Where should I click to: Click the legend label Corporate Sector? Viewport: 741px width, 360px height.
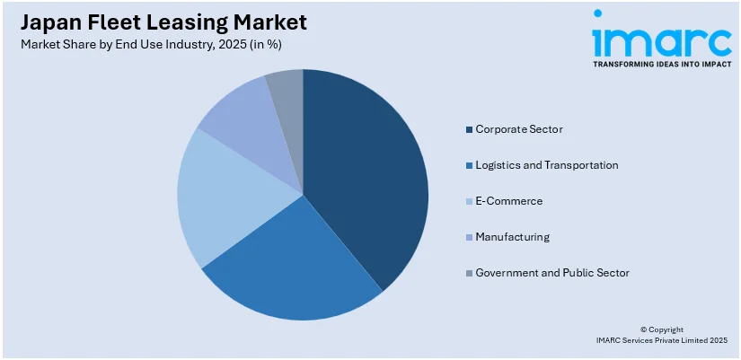tap(519, 129)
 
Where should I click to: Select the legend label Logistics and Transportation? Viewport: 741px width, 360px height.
tap(546, 165)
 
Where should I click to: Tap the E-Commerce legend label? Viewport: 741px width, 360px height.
tap(508, 201)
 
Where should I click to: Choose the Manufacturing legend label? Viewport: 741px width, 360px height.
tap(512, 237)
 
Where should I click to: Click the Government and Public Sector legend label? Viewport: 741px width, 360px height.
tap(551, 272)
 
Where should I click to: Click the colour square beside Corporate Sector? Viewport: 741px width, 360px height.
tap(469, 130)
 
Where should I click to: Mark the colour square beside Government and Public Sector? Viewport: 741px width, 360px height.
tap(469, 273)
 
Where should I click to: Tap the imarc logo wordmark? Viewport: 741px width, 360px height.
tap(661, 39)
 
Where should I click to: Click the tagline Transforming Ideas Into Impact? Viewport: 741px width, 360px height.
tap(661, 64)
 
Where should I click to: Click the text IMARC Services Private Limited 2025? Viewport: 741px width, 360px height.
tap(661, 340)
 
